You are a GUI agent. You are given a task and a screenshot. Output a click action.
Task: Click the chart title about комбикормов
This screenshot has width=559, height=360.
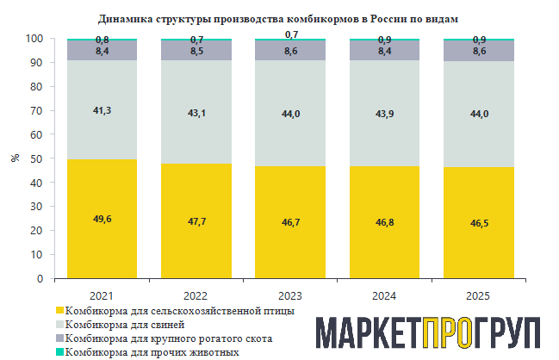pyautogui.click(x=279, y=18)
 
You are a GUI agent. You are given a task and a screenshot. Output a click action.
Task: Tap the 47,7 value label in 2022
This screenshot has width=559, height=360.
pyautogui.click(x=196, y=221)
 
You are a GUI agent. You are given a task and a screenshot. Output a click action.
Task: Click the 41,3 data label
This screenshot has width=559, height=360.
pyautogui.click(x=102, y=110)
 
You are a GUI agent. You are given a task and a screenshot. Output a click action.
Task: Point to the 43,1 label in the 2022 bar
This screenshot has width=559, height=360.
pyautogui.click(x=196, y=113)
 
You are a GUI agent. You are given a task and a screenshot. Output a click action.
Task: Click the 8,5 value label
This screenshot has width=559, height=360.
pyautogui.click(x=196, y=51)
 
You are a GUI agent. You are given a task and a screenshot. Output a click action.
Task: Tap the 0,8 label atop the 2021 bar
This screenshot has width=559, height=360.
pyautogui.click(x=102, y=40)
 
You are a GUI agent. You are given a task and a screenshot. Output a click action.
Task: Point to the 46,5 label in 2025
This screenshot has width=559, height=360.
pyautogui.click(x=478, y=223)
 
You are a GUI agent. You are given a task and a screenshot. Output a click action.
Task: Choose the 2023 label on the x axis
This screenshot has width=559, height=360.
pyautogui.click(x=290, y=295)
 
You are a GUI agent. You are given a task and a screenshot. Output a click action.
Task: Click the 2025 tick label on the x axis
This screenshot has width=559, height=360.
pyautogui.click(x=478, y=295)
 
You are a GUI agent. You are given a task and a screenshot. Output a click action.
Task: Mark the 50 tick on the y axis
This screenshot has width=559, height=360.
pyautogui.click(x=35, y=159)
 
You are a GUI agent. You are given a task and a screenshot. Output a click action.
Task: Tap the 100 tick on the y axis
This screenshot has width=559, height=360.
pyautogui.click(x=33, y=39)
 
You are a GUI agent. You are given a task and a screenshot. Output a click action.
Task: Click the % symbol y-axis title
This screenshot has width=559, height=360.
pyautogui.click(x=15, y=158)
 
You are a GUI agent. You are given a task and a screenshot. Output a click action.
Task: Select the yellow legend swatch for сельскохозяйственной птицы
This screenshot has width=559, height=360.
pyautogui.click(x=59, y=310)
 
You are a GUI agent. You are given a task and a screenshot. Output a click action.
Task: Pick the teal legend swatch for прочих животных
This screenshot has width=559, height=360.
pyautogui.click(x=59, y=352)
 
